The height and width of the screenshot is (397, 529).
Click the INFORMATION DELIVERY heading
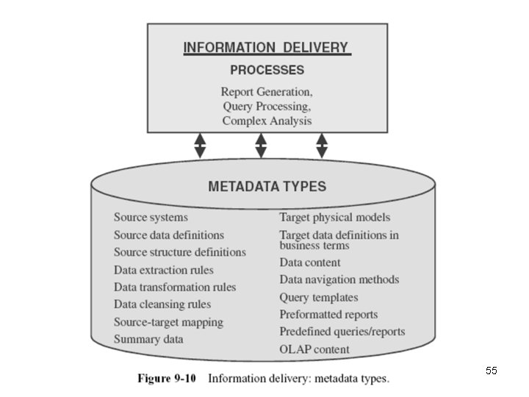point(267,49)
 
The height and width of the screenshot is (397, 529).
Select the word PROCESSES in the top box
point(267,71)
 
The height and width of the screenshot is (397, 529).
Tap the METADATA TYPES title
point(267,186)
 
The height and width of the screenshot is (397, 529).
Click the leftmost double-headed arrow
point(200,145)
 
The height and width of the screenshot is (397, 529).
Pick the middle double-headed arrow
point(261,145)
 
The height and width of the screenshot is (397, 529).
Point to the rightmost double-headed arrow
point(321,145)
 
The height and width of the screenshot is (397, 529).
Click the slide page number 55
point(491,371)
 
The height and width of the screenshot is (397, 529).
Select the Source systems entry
point(151,218)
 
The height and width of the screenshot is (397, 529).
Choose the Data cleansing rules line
point(162,304)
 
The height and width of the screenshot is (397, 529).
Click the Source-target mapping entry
point(168,322)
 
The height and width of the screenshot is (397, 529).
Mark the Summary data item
point(148,340)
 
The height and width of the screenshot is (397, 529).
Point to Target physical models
point(335,218)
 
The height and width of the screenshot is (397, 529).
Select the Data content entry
point(310,262)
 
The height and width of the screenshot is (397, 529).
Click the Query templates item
point(319,298)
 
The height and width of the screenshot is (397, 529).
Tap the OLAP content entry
point(314,349)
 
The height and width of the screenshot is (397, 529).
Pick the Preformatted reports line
point(328,315)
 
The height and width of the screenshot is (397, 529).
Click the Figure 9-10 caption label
point(167,379)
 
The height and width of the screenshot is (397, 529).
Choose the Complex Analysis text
point(267,121)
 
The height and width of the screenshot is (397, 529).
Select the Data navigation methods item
point(339,280)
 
